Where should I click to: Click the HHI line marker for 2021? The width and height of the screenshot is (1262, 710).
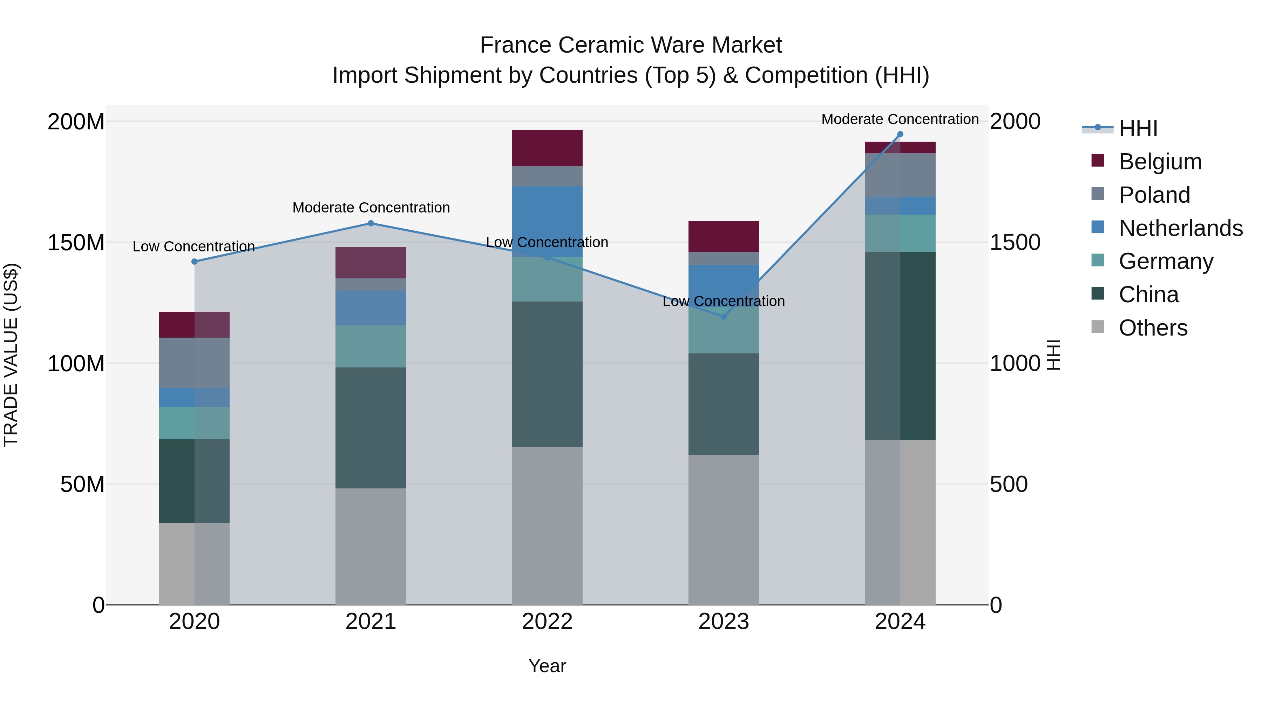[x=371, y=223]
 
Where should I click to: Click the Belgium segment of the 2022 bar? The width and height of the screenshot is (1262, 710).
[x=547, y=148]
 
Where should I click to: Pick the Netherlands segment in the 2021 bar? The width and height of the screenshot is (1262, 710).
[x=371, y=308]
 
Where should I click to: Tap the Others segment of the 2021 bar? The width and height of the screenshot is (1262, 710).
[x=371, y=546]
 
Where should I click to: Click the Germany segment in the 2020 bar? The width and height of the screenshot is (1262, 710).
[x=195, y=423]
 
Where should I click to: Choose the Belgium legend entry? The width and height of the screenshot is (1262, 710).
[x=1160, y=162]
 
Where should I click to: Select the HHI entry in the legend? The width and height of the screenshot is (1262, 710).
[x=1138, y=128]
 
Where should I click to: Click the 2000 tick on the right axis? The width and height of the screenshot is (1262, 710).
[x=1015, y=122]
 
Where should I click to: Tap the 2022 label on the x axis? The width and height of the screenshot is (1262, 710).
[x=547, y=622]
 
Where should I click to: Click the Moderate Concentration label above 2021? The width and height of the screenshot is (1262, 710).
[x=371, y=208]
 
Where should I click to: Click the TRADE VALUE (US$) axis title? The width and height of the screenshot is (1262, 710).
[x=11, y=355]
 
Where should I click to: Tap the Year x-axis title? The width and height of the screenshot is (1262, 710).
[x=547, y=666]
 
